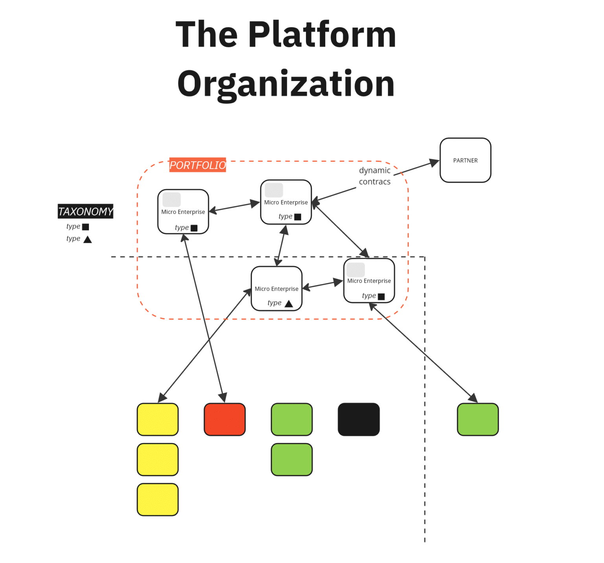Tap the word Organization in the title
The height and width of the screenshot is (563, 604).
click(x=286, y=84)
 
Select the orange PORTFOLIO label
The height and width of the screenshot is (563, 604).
click(x=197, y=165)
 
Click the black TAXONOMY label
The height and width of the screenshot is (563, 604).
click(x=85, y=212)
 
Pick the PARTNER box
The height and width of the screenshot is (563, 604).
click(x=465, y=160)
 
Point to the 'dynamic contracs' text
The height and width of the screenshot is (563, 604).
click(x=374, y=176)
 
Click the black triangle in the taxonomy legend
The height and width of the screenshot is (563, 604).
click(x=88, y=239)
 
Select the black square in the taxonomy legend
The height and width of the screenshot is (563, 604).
click(x=86, y=227)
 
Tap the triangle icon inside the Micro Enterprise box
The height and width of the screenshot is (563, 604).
click(x=289, y=303)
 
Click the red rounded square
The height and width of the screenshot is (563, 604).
click(x=225, y=419)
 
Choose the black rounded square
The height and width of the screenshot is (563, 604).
click(x=359, y=419)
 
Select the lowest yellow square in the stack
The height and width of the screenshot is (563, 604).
click(x=158, y=500)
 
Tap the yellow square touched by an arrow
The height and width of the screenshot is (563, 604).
click(x=158, y=419)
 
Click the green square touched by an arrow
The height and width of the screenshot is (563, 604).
click(x=478, y=419)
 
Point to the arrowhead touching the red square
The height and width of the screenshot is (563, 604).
click(x=223, y=397)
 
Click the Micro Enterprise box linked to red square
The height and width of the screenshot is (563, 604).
click(x=183, y=212)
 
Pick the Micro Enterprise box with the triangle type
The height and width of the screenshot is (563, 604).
click(x=276, y=289)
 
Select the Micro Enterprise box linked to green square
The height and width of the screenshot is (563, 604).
click(x=369, y=281)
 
